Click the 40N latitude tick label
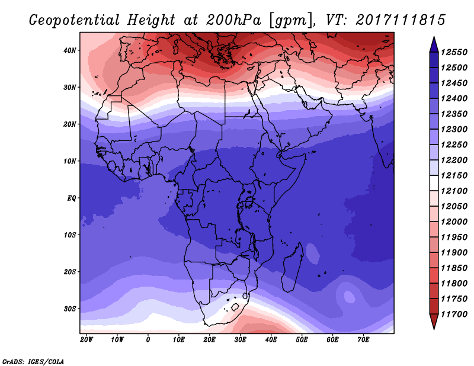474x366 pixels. coord(70,50)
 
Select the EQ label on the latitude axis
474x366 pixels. coord(72,198)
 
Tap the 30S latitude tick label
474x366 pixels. coord(70,309)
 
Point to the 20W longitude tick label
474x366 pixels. coord(87,340)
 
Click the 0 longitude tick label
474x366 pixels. coord(148,340)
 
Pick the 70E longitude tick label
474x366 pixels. coord(363,340)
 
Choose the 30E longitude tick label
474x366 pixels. coord(241,340)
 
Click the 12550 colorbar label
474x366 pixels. coord(454,52)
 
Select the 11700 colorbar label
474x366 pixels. coord(454,314)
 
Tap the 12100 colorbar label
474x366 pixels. coord(454,191)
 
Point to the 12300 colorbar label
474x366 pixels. coord(454,129)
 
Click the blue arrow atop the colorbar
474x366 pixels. coord(434,45)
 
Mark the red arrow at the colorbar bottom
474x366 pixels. coord(434,322)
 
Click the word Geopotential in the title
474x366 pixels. coord(75,21)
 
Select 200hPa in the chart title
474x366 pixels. coord(233,20)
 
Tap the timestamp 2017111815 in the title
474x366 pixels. coord(401,20)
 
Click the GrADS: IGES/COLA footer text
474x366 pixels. coord(33,362)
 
